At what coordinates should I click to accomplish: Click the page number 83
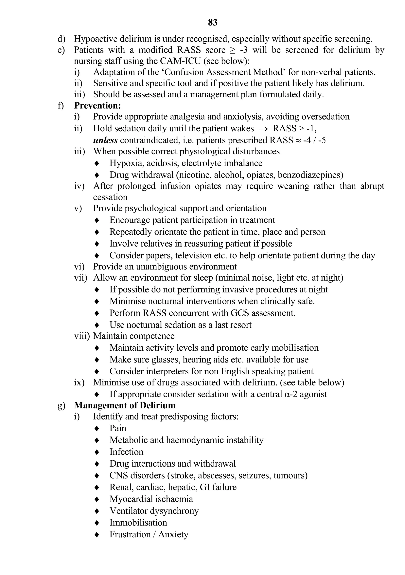[213, 23]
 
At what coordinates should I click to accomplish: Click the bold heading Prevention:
[97, 105]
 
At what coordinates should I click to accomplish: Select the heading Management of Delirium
[125, 405]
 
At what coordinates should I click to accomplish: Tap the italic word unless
[105, 140]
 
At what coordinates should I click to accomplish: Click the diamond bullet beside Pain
[97, 429]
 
